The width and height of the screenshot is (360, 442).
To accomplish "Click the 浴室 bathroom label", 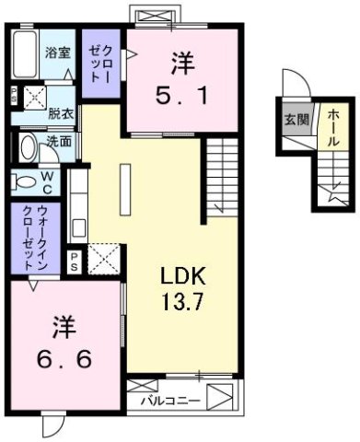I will click(58, 52).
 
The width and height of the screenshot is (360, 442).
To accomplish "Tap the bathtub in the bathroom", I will click(26, 52).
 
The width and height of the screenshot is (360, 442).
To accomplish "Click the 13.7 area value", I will click(179, 299).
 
